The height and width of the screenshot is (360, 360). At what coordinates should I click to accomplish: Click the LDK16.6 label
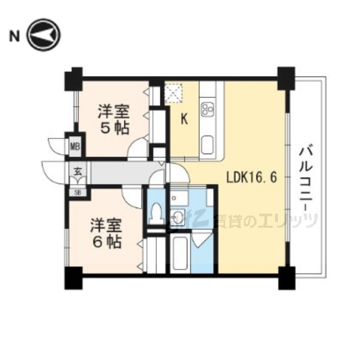tap(251, 177)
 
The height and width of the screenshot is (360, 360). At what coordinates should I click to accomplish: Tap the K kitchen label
tap(183, 119)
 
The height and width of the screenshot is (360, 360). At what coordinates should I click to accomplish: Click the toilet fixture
tap(156, 212)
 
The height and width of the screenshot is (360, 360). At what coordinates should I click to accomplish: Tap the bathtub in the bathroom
tap(181, 252)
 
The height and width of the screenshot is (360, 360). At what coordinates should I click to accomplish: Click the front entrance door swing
tap(54, 172)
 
